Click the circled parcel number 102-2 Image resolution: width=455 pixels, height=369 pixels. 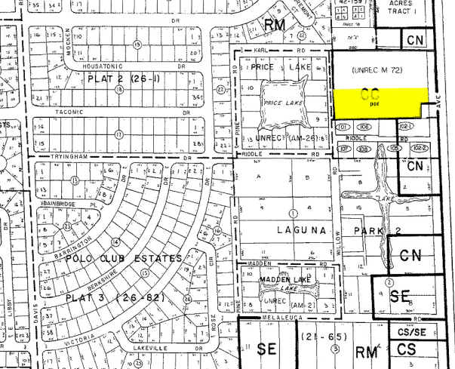[420, 148]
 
